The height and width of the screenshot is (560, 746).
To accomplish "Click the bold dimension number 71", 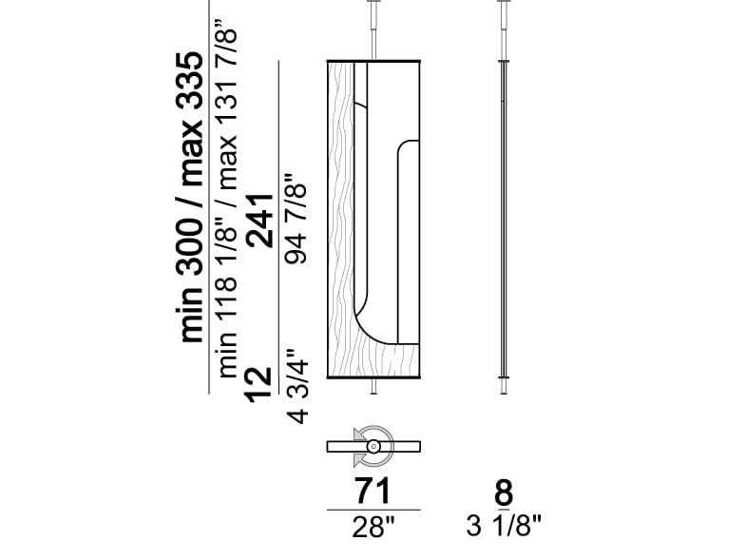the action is pyautogui.click(x=373, y=491).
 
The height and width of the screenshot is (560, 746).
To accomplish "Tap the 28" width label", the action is pyautogui.click(x=374, y=527).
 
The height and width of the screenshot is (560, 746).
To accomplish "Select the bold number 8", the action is pyautogui.click(x=504, y=492).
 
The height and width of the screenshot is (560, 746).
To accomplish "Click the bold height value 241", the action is pyautogui.click(x=259, y=221).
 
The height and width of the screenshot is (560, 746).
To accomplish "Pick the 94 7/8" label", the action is pyautogui.click(x=295, y=218).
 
